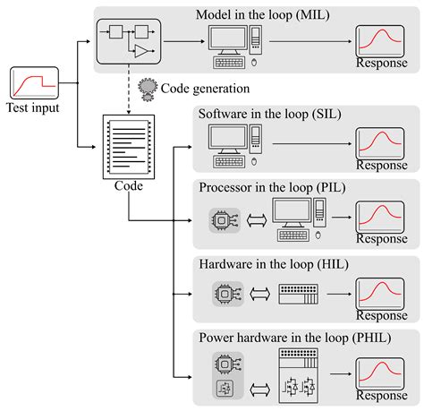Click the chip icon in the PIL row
click(x=219, y=219)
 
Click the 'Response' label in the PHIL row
click(x=381, y=396)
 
